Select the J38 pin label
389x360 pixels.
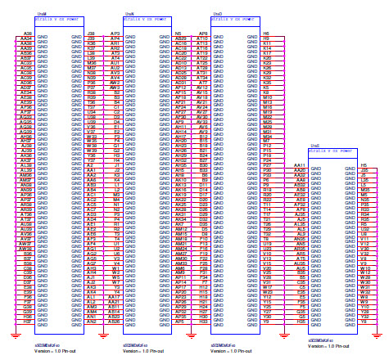click(91, 33)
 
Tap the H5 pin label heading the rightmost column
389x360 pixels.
click(364, 164)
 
